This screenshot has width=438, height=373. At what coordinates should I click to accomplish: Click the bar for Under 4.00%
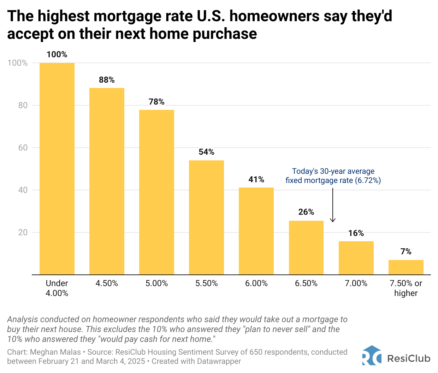point(57,168)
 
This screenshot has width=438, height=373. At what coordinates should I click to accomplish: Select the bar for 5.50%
point(206,217)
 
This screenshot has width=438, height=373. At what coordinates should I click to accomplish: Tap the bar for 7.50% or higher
point(406,267)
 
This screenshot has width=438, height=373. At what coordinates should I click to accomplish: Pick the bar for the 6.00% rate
point(256,231)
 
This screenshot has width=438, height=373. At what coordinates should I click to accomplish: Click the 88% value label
point(107,80)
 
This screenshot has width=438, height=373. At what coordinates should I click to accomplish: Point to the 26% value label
point(306,212)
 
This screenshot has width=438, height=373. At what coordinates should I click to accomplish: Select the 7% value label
point(406,251)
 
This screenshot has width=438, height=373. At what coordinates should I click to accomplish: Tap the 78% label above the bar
point(156,102)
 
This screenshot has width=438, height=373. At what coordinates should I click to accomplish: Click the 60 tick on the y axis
point(23,148)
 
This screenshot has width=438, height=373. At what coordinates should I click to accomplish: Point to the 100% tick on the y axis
point(18,63)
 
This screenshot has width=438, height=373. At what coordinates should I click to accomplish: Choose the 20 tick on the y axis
point(23,232)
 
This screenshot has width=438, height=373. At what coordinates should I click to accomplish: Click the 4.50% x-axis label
point(107,283)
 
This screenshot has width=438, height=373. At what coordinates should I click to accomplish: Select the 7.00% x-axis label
point(356,283)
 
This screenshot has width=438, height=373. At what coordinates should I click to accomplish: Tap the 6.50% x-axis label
point(306,283)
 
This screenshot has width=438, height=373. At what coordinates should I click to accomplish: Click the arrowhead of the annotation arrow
point(333,221)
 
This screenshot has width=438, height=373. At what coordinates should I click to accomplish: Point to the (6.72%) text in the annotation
point(368,180)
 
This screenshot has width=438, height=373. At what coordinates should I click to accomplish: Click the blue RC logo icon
point(372,356)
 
